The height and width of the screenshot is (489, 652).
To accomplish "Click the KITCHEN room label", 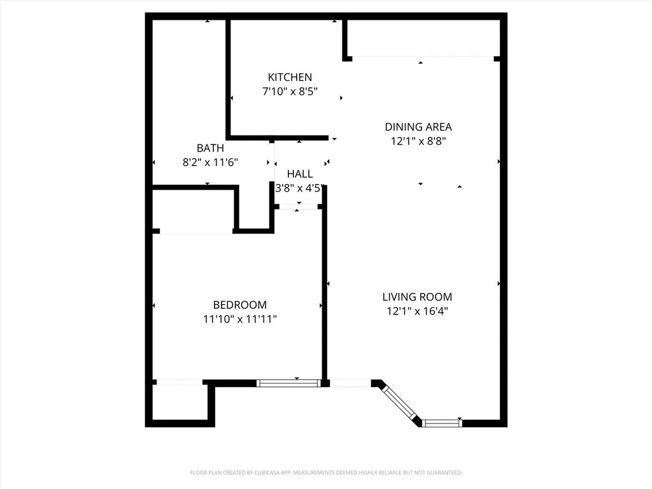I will point(290,77).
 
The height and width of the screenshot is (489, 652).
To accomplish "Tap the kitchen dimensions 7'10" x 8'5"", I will point(290,92).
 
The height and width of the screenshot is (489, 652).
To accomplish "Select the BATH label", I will point(210,148).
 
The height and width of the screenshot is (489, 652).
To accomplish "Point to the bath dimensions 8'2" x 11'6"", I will point(210,162).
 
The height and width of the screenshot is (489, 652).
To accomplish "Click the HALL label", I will point(299,174).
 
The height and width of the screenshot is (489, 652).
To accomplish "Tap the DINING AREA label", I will point(418,127).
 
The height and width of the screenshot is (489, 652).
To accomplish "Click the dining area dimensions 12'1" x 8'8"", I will point(418,141).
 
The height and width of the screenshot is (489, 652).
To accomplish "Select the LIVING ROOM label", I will point(417,297).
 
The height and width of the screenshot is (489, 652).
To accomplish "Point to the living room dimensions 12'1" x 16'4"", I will point(417,311).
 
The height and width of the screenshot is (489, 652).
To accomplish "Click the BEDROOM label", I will point(239,305).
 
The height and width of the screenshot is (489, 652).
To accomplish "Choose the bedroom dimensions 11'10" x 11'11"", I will point(239,319).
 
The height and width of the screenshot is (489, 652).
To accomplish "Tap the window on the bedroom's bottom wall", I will point(288,383).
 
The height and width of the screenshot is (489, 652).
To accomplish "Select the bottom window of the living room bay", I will point(441,422).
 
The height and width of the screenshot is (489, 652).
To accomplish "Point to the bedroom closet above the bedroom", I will point(194,210).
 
